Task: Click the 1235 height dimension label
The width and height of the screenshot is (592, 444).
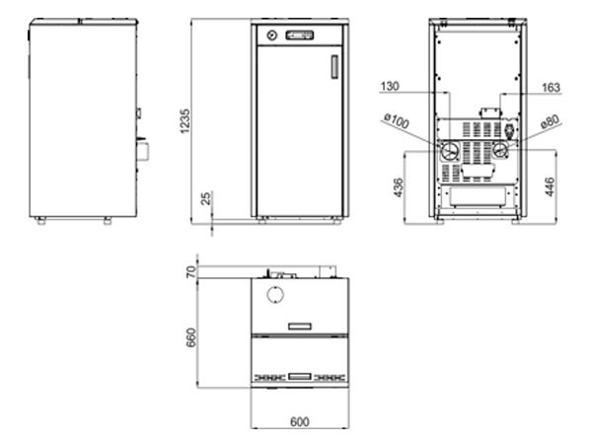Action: point(185,121)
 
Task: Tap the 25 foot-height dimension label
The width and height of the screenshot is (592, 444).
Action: point(206,198)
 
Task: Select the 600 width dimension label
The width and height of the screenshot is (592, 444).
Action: point(300,421)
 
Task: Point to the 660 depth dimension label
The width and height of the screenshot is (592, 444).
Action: point(191,337)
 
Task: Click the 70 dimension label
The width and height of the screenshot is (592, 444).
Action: point(191,272)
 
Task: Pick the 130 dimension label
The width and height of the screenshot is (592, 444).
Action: point(390,87)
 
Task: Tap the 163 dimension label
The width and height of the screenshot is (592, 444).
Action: point(551,88)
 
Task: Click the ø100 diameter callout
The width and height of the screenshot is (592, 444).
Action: point(396,120)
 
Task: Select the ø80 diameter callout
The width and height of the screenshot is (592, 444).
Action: point(550,121)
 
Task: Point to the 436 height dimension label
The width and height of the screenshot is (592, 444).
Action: point(399,187)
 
